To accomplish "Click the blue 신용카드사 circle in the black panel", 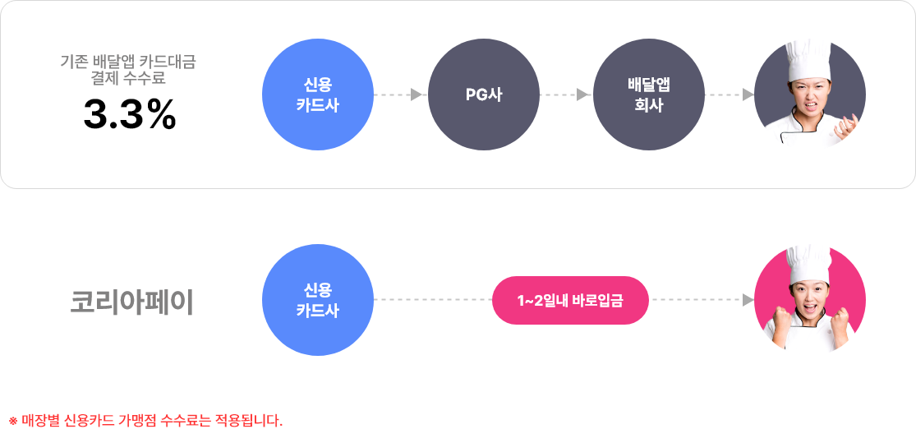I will click(317, 95).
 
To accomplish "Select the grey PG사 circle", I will click(484, 95).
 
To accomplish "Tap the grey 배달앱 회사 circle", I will click(648, 95).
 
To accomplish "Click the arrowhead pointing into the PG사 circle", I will click(417, 95).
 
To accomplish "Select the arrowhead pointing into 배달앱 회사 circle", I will click(582, 95).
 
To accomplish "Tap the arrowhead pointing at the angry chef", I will click(748, 95).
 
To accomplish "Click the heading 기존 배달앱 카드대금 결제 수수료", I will click(129, 70).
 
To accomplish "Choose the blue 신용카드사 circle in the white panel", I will click(317, 300).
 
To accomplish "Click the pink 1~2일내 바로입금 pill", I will click(570, 300).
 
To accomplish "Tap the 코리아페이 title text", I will click(131, 302).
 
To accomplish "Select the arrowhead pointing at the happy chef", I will click(748, 300).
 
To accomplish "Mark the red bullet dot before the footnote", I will click(12, 421).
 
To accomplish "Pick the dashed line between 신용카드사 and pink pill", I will click(433, 300).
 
